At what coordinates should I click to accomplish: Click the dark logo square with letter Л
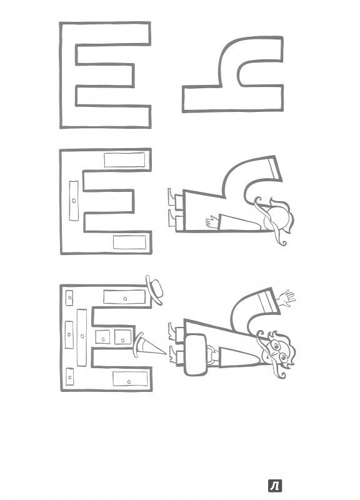(275, 486)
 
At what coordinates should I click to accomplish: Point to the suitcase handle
(211, 354)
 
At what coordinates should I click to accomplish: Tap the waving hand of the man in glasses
(286, 299)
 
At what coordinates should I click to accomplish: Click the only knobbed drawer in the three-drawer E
(74, 201)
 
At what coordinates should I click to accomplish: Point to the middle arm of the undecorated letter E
(105, 74)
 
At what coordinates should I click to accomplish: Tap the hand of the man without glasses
(212, 221)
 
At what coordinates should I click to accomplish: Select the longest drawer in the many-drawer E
(82, 337)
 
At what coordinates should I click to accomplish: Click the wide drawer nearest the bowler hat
(124, 297)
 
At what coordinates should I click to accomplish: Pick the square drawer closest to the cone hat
(123, 337)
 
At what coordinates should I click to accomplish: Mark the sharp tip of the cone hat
(166, 353)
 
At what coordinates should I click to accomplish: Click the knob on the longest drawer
(82, 336)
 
